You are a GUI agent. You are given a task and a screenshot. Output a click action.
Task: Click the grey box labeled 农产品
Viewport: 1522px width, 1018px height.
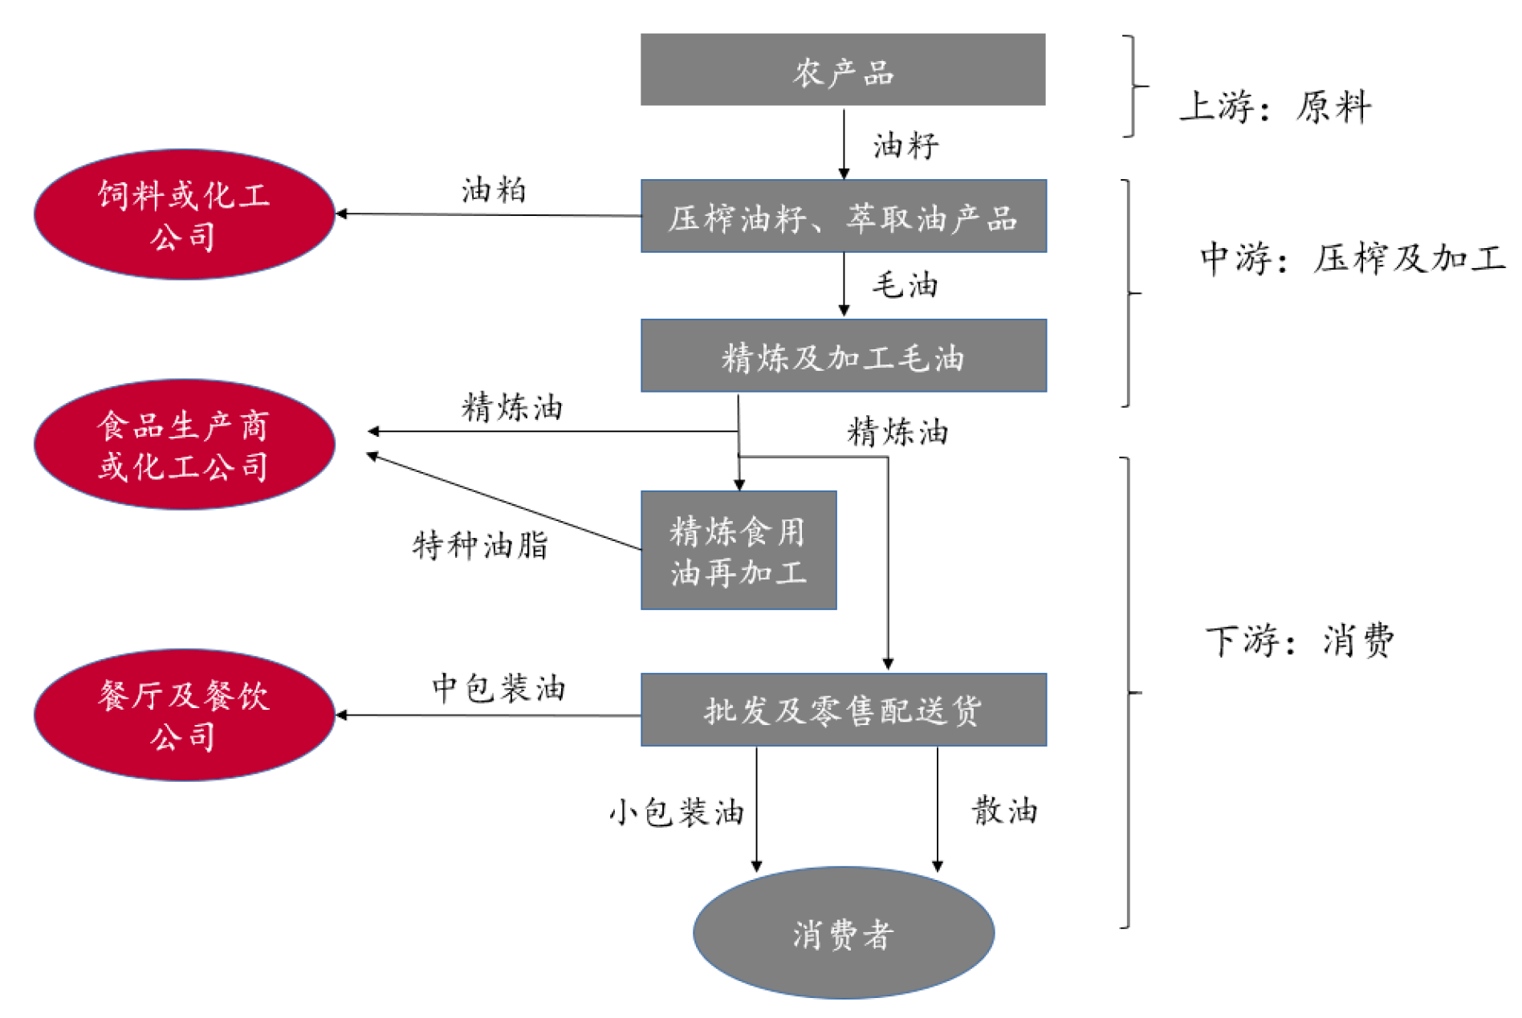tap(842, 70)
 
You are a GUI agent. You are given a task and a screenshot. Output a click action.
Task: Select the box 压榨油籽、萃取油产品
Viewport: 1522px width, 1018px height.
tap(843, 216)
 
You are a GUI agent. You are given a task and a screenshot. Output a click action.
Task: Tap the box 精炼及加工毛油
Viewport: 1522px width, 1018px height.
tap(843, 356)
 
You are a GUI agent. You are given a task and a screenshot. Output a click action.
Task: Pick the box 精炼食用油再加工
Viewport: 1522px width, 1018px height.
tap(738, 551)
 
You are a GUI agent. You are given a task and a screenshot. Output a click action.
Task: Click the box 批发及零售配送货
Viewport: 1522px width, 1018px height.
tap(843, 710)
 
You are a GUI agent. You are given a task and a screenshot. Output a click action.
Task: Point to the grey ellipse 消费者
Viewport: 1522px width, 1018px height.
tap(843, 933)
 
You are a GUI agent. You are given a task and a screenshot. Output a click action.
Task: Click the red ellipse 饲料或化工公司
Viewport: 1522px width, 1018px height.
tap(184, 214)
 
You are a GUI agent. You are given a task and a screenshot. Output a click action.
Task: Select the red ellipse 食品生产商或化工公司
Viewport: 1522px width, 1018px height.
tap(184, 444)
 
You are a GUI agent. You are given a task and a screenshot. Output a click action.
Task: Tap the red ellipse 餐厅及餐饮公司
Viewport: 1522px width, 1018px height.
tap(184, 715)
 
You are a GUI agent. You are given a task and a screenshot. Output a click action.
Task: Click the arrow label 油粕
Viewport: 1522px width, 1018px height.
tap(494, 190)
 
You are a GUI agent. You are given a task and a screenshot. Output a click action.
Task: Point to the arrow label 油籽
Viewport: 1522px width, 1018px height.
tap(905, 145)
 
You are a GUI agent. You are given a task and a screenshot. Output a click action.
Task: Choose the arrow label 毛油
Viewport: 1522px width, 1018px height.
tap(905, 285)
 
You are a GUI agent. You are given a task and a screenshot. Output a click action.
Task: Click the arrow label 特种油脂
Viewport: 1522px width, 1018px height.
tap(480, 545)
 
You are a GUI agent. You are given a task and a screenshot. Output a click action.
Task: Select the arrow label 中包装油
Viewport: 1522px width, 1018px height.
tap(499, 688)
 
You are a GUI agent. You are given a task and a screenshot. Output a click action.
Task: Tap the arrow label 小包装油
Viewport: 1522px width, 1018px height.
tap(677, 812)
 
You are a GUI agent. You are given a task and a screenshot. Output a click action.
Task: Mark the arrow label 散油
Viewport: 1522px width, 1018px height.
tap(1004, 810)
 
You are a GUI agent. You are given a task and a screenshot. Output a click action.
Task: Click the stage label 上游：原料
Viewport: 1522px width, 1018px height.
tap(1275, 107)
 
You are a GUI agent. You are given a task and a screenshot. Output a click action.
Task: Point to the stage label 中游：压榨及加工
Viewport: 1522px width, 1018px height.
tap(1352, 259)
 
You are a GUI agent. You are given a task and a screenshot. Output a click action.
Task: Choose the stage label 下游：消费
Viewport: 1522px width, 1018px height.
tap(1299, 641)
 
